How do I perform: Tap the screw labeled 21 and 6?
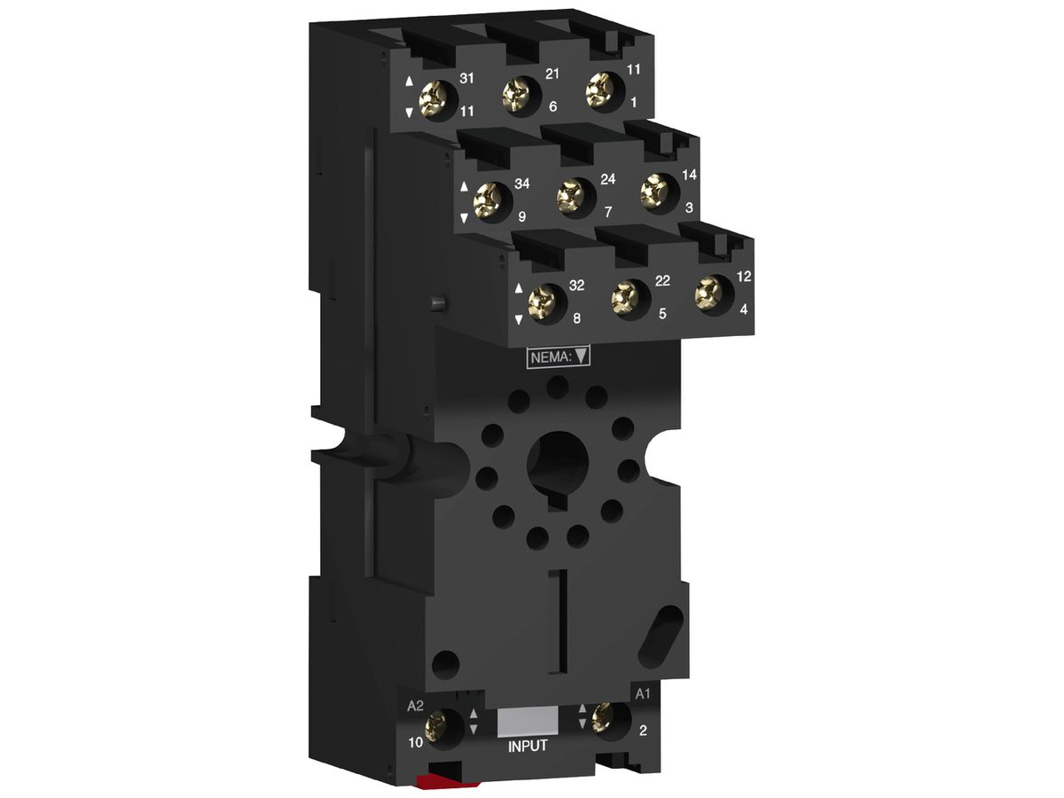click(520, 94)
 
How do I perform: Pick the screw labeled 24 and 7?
click(572, 195)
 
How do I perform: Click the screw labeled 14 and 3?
click(656, 190)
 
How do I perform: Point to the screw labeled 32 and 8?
click(542, 302)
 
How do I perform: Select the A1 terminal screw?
click(606, 716)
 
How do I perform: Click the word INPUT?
click(527, 747)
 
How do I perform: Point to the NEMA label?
click(559, 357)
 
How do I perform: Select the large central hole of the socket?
click(555, 461)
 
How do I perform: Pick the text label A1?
click(643, 692)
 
